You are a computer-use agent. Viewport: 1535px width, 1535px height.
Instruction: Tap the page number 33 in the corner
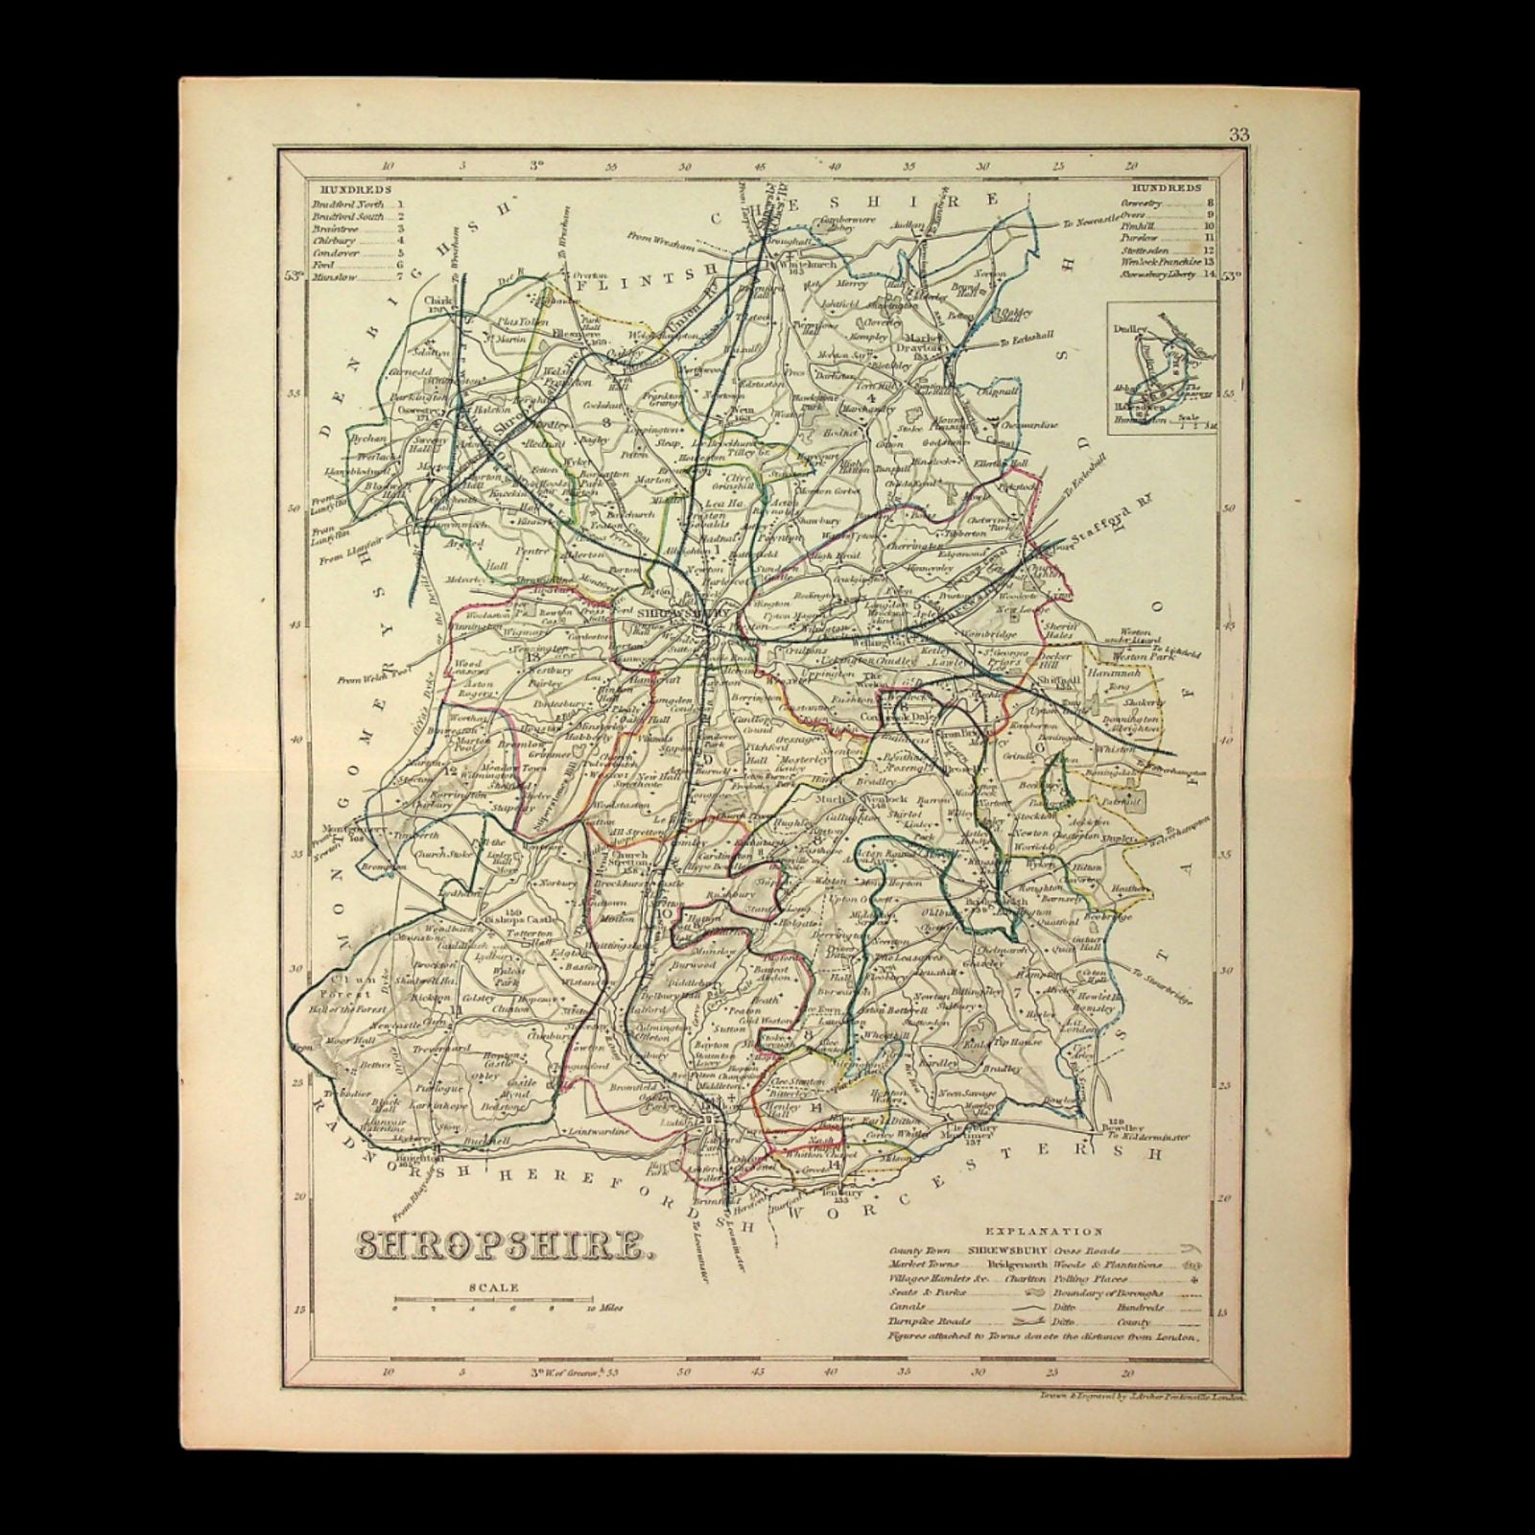tap(1239, 134)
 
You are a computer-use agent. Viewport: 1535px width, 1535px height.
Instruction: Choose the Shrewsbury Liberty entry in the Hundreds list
tap(1168, 276)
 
